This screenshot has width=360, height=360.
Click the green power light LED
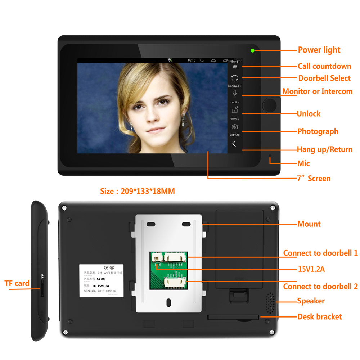click(252, 50)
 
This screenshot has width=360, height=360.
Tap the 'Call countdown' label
click(324, 66)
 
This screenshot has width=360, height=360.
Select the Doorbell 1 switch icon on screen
click(235, 78)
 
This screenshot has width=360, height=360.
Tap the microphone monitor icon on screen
click(235, 94)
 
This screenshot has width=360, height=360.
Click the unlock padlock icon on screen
click(235, 110)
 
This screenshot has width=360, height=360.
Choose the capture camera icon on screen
click(235, 127)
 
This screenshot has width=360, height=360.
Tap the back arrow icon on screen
click(234, 144)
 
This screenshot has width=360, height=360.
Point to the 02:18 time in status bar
click(192, 60)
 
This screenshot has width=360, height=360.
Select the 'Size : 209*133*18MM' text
click(137, 191)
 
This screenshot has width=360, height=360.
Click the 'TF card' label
click(17, 283)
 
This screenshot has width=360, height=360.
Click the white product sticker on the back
click(100, 281)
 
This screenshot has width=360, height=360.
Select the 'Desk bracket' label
click(319, 317)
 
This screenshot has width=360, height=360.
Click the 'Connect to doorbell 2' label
click(320, 287)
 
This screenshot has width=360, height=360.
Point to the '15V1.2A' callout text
click(311, 269)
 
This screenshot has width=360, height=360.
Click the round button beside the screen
click(269, 105)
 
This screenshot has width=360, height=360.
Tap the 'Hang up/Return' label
click(324, 149)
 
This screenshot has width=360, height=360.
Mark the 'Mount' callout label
click(309, 224)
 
